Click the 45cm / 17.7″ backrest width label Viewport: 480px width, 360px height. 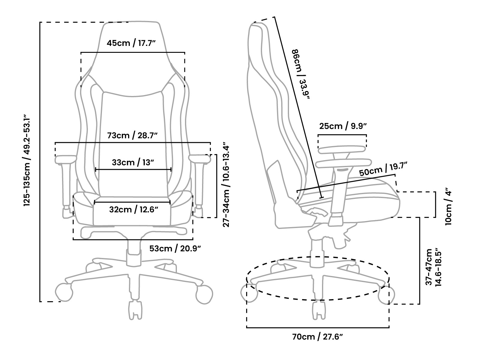(x=131, y=43)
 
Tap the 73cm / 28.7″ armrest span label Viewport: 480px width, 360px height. (x=132, y=136)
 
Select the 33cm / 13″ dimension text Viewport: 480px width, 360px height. (x=133, y=163)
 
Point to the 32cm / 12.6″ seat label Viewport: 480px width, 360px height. (x=133, y=209)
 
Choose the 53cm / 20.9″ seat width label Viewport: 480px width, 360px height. (x=175, y=249)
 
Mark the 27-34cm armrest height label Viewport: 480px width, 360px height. (x=226, y=186)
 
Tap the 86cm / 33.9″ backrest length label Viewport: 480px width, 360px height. (x=301, y=75)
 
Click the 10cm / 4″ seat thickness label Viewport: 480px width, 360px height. (x=448, y=206)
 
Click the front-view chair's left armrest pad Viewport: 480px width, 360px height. (x=66, y=159)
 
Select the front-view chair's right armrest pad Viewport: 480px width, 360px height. (x=200, y=159)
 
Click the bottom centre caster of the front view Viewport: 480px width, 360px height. (x=135, y=310)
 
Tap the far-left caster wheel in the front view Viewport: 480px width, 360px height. (x=64, y=292)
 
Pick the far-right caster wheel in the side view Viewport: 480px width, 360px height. (x=386, y=295)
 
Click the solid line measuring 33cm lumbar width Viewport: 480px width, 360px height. (x=133, y=169)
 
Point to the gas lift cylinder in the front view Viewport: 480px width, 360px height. (x=134, y=253)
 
